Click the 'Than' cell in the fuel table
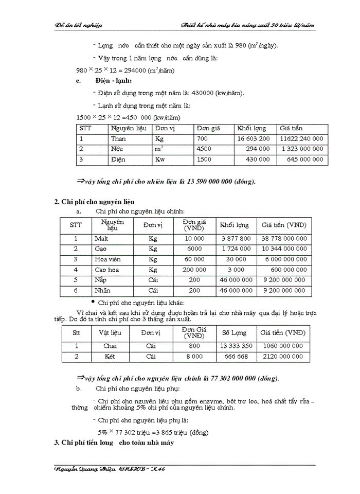pos(118,139)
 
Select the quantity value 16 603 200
pos(253,139)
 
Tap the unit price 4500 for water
pos(204,149)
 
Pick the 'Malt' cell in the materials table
pos(101,239)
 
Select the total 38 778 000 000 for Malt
pos(284,239)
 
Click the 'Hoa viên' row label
pos(108,259)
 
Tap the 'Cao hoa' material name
pos(107,270)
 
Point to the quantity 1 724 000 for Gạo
pos(236,249)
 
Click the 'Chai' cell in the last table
pos(110,346)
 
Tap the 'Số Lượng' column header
pos(234,332)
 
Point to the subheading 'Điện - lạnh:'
pos(113,81)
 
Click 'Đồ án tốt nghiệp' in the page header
pos(79,25)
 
